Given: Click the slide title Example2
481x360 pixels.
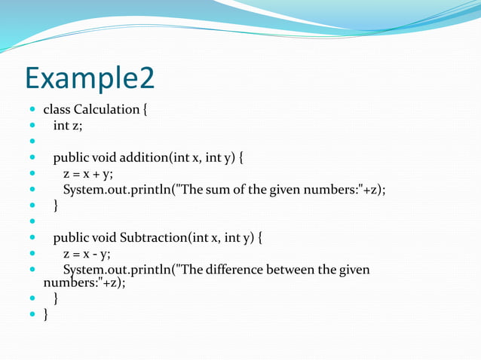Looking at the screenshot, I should [x=89, y=78].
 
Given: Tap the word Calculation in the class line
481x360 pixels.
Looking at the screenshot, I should [x=106, y=109].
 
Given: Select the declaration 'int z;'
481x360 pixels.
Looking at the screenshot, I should [x=67, y=125].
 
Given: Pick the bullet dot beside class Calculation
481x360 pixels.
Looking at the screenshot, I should [x=32, y=110].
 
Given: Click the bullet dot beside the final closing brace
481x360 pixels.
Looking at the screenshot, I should [x=32, y=315].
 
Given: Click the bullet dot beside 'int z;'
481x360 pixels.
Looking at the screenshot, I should [x=32, y=126].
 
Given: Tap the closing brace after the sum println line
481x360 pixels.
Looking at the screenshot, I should [x=55, y=205].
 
